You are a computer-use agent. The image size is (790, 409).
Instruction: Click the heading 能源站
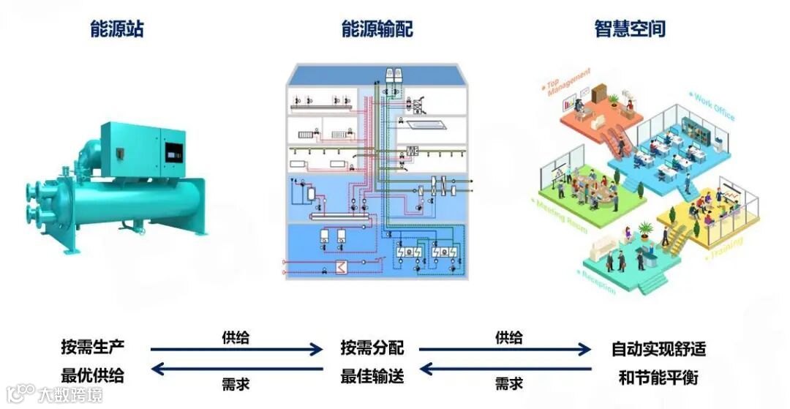[x=116, y=29]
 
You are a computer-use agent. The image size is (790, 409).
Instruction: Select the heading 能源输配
[x=377, y=29]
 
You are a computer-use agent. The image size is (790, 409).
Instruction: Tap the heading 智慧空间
[x=630, y=29]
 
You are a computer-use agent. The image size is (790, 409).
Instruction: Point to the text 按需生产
[x=93, y=348]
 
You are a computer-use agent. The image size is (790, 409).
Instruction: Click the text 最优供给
[x=93, y=376]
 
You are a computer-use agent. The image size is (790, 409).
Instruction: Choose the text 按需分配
[x=372, y=348]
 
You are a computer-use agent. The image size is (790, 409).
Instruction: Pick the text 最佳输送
[x=372, y=377]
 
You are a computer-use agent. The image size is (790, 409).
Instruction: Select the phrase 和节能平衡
[x=658, y=377]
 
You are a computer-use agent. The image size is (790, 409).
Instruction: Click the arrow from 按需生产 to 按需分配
[x=236, y=350]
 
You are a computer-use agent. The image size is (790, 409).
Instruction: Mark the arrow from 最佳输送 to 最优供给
[x=236, y=369]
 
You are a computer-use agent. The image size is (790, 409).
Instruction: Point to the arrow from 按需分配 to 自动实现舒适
[x=505, y=350]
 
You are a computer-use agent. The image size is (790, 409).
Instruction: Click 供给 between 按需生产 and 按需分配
[x=236, y=337]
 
